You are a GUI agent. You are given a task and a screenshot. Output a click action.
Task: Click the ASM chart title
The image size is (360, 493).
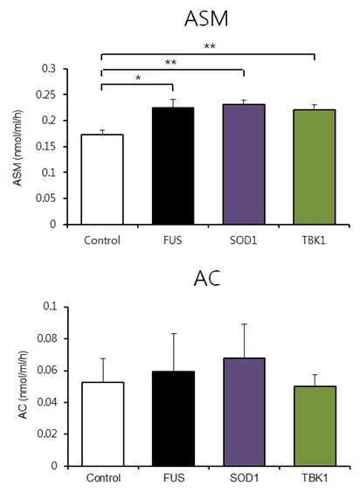pos(206,19)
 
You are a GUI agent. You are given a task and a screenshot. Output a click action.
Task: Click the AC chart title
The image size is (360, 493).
pos(207,278)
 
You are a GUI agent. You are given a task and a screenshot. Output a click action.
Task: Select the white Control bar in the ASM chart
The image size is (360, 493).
pos(102,179)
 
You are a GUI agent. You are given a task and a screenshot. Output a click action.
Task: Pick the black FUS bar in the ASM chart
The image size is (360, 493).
pos(173,166)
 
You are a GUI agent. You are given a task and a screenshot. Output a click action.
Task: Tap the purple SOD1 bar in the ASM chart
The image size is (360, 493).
pos(244,164)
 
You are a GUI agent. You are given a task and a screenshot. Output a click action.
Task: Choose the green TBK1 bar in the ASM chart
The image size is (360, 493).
pos(315,167)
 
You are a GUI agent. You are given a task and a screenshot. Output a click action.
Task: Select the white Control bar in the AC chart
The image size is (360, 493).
pos(102,424)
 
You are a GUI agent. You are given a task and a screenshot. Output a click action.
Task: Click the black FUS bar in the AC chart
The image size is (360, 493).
pos(173,419)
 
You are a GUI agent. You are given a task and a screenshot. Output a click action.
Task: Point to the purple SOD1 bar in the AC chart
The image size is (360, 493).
pos(244,412)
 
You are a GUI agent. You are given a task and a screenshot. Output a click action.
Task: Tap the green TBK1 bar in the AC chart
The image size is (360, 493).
pos(315,426)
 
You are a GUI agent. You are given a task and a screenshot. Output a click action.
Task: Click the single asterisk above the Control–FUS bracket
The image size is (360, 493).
pos(138,78)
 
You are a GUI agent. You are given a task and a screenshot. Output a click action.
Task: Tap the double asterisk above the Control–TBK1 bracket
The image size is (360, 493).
pos(210,46)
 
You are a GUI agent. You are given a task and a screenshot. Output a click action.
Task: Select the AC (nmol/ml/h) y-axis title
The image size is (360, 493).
pos(24,385)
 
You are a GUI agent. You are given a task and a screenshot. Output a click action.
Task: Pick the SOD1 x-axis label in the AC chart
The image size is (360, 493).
pos(245,478)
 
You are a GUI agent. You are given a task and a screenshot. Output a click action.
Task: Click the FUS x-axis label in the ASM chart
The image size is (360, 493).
pos(173,240)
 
